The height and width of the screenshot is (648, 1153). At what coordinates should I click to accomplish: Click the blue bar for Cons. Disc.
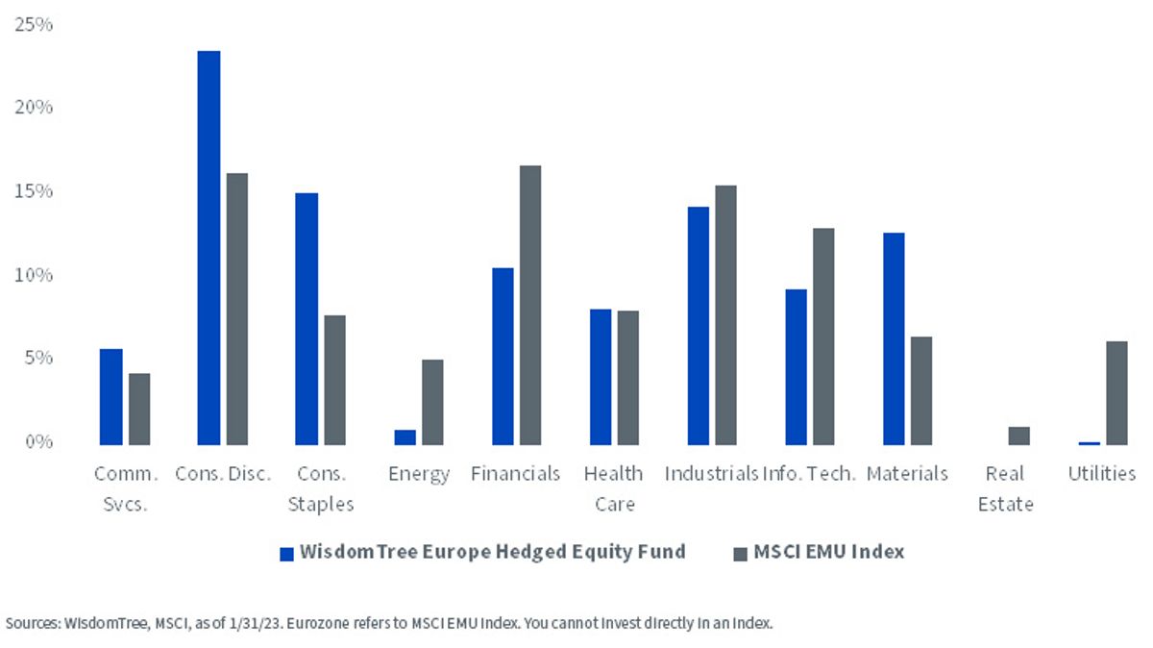click(x=209, y=248)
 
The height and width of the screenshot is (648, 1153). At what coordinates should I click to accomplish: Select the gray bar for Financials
click(x=530, y=306)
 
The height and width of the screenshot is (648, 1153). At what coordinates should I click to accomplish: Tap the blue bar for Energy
click(x=405, y=437)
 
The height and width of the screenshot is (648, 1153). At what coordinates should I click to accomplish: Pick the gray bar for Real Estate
click(x=1019, y=436)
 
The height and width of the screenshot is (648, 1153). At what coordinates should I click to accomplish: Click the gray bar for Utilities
click(x=1116, y=393)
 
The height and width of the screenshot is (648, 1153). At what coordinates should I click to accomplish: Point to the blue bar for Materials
click(x=894, y=339)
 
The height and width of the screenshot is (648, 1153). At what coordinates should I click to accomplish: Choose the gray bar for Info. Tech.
click(x=823, y=336)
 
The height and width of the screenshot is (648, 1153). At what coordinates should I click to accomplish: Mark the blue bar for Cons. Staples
click(x=307, y=319)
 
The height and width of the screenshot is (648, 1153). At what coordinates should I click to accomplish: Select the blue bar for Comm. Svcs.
click(x=111, y=397)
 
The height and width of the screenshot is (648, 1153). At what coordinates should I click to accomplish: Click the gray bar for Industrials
click(x=725, y=315)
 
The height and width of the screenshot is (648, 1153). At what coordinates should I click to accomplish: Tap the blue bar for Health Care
click(x=601, y=377)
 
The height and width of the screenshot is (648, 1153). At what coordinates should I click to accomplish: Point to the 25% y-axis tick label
click(x=34, y=24)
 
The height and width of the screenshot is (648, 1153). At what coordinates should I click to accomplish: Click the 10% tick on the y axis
click(x=34, y=275)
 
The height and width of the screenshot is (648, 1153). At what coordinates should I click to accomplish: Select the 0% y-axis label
click(x=38, y=441)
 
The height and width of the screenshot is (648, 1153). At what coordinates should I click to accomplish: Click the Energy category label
click(x=419, y=474)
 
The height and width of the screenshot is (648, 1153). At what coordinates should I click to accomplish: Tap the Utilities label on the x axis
click(x=1101, y=473)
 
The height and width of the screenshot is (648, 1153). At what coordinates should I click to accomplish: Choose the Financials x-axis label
click(x=515, y=473)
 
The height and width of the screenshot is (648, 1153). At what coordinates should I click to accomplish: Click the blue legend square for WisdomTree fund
click(x=286, y=554)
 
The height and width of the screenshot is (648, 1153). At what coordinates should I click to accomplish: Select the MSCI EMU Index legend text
click(x=828, y=552)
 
